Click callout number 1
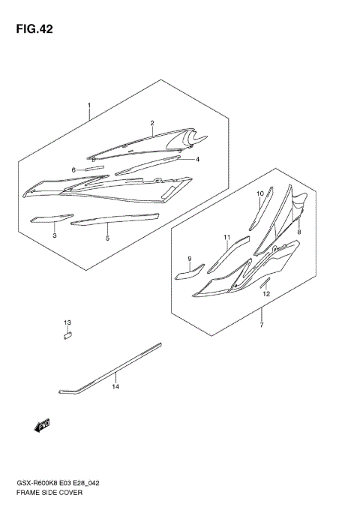(x=88, y=105)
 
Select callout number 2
(x=151, y=123)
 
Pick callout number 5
(x=107, y=238)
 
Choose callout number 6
(x=73, y=170)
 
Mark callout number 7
(x=261, y=325)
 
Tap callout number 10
(x=260, y=193)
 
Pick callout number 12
(x=265, y=294)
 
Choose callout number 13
(x=67, y=322)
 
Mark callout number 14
(x=115, y=387)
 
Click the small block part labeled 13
(x=66, y=336)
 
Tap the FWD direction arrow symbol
(x=42, y=426)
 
